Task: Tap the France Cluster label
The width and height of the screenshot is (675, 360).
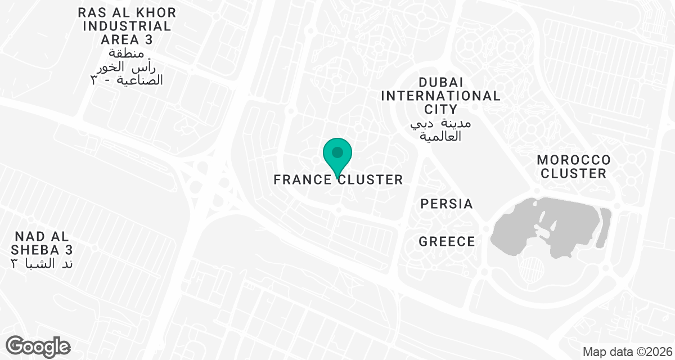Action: click(x=338, y=180)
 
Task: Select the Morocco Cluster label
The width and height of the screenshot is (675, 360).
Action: click(x=573, y=166)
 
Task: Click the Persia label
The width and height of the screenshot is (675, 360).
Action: click(x=447, y=204)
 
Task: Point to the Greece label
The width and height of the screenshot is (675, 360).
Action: click(x=447, y=242)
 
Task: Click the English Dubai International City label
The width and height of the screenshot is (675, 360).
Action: click(x=440, y=96)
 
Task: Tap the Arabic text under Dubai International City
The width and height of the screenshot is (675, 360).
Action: click(x=440, y=130)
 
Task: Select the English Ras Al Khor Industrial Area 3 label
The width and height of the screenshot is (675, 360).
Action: click(x=127, y=26)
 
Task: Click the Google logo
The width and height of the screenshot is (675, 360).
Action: click(x=38, y=345)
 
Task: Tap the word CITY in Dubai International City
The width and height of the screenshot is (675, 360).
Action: click(x=441, y=109)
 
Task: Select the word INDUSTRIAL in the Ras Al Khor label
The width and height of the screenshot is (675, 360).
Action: click(x=127, y=26)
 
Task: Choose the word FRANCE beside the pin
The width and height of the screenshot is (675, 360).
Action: click(x=302, y=180)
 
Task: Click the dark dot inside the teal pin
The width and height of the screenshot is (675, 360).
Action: click(x=337, y=152)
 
